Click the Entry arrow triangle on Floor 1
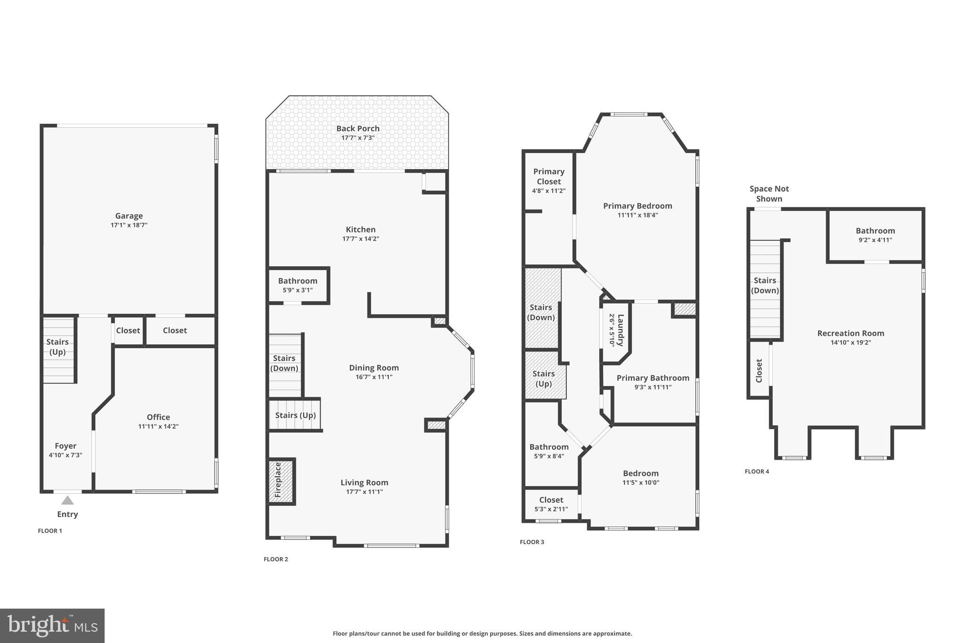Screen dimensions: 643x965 (67, 500)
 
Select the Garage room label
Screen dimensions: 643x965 (129, 216)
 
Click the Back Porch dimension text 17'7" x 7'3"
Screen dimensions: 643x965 (358, 138)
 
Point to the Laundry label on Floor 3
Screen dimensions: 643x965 (620, 330)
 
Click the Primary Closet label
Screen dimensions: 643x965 (548, 176)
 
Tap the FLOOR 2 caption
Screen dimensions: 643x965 (276, 559)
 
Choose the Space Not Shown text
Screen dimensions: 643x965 (769, 194)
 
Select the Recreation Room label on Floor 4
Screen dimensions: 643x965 (851, 333)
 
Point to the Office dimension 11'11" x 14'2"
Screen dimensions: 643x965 (158, 426)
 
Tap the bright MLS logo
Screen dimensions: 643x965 (52, 626)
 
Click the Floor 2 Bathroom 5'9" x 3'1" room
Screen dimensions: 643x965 (297, 285)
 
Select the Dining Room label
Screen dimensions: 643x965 (374, 367)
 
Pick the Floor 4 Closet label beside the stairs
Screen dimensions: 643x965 (759, 370)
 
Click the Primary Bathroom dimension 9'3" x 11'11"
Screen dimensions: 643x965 (653, 387)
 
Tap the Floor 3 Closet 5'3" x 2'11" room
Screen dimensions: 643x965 (551, 504)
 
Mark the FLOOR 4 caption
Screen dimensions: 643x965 (757, 471)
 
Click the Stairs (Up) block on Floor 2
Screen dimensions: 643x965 (295, 415)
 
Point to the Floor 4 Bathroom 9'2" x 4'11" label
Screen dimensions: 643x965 (875, 230)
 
